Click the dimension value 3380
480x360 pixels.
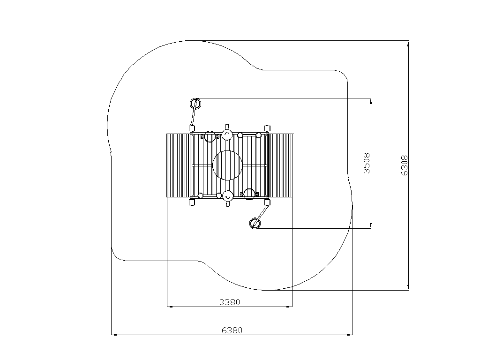230,302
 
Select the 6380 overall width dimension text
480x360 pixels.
232,330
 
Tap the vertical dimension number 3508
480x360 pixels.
367,164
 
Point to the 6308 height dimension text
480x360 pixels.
404,165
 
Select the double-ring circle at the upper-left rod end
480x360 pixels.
195,104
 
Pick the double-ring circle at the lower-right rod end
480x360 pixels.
255,224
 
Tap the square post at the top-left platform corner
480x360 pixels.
192,128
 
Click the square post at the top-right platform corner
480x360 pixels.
267,128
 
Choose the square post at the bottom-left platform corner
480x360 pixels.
192,202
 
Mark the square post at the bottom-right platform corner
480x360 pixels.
267,202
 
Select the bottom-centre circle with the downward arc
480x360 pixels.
227,196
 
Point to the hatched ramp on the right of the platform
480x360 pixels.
280,165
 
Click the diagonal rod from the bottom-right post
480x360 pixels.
261,214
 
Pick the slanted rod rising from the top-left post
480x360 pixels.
194,114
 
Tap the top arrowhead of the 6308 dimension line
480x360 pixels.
408,44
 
